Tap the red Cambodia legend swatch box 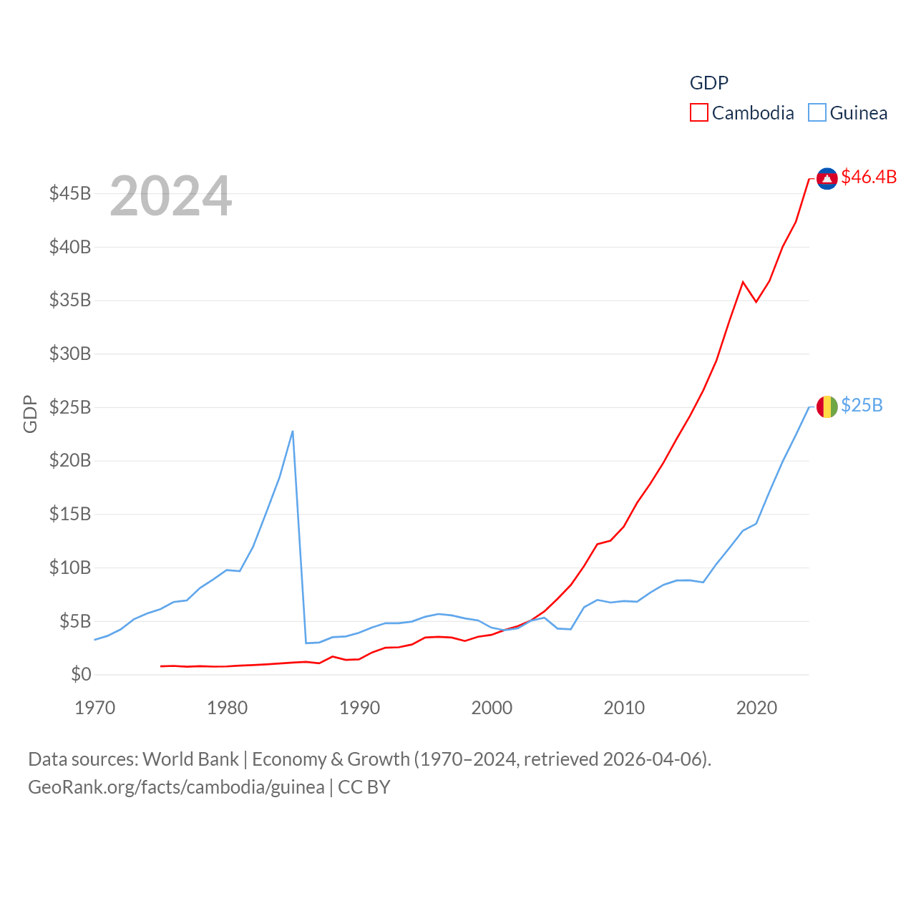(x=699, y=113)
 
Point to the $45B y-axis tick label (x=70, y=193)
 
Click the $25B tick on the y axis (x=70, y=407)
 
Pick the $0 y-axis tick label (x=81, y=674)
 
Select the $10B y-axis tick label (x=70, y=567)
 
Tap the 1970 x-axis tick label (x=94, y=708)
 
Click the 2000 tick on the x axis (x=492, y=708)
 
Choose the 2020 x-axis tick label (x=756, y=708)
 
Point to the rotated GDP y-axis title (x=30, y=414)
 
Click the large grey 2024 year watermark (x=171, y=196)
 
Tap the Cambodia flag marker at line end (x=827, y=179)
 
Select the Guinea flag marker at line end (x=827, y=407)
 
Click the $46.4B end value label (x=869, y=177)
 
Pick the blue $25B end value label (x=862, y=405)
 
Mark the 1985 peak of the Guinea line (x=293, y=432)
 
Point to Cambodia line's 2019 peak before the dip (x=743, y=282)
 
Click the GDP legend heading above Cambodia (x=708, y=83)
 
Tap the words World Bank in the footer (x=190, y=759)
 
